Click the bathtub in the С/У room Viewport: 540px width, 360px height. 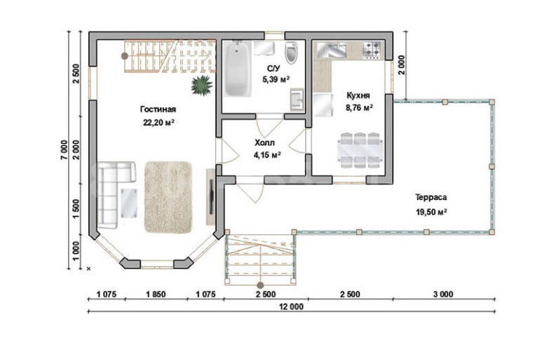click(237, 69)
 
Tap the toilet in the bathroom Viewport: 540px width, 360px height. click(291, 53)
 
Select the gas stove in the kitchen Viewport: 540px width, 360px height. click(372, 50)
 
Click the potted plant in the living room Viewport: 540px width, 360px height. click(202, 85)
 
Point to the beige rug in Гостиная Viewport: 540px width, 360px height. click(168, 197)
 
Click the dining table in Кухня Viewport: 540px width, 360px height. click(360, 151)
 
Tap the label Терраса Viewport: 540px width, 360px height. click(431, 197)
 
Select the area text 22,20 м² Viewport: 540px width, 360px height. click(158, 122)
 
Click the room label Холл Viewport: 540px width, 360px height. click(264, 142)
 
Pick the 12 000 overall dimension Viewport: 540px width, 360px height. click(291, 307)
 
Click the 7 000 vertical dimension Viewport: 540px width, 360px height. click(64, 151)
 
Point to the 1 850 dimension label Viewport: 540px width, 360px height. click(156, 294)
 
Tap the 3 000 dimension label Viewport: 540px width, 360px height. click(443, 294)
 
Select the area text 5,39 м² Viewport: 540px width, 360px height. click(276, 79)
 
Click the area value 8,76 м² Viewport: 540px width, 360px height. click(360, 108)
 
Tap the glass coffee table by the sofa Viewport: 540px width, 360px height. click(129, 204)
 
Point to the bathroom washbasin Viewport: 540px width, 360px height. click(297, 100)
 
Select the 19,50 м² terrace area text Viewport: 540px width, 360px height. click(431, 212)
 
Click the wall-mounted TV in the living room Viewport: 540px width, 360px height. click(211, 196)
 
